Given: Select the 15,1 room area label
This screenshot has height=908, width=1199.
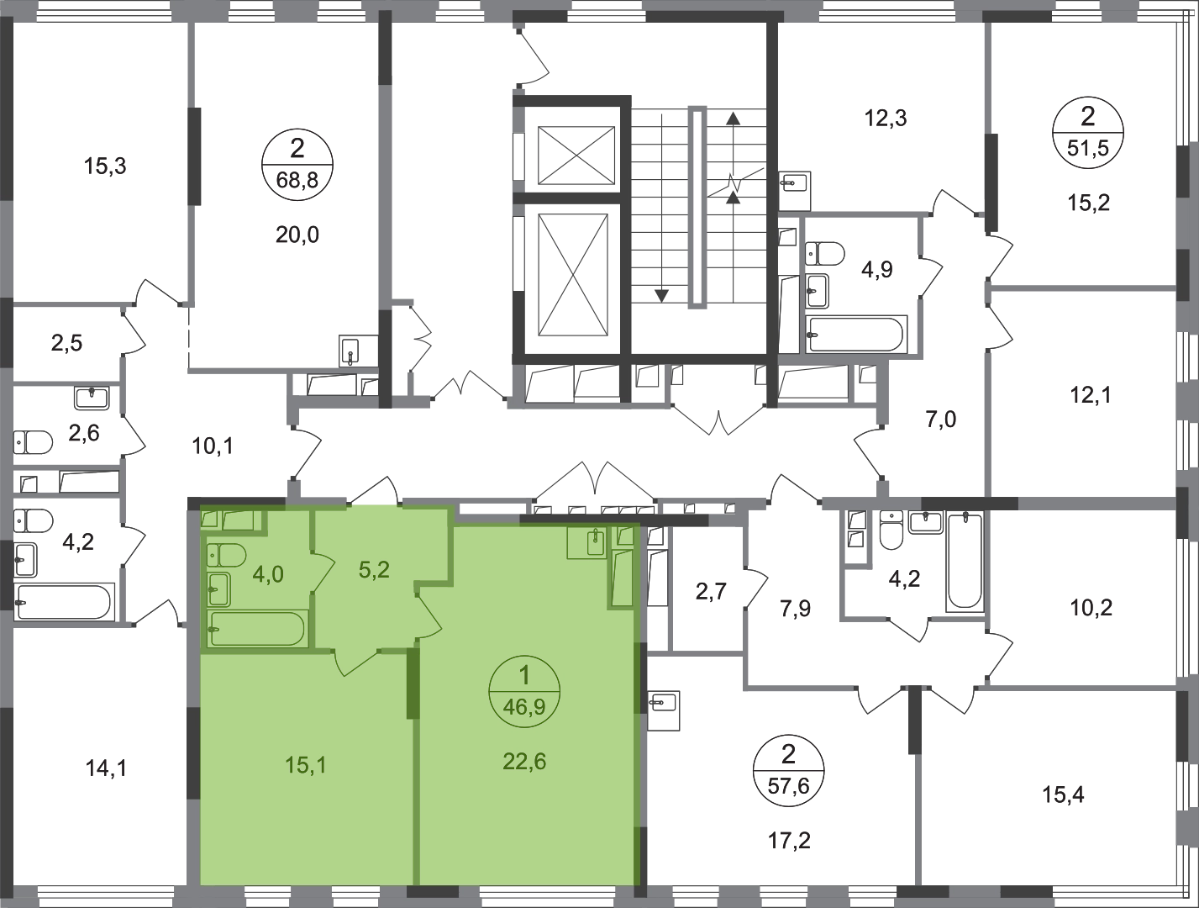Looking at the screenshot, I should click(305, 765).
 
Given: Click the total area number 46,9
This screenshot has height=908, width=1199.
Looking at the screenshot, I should click(524, 706).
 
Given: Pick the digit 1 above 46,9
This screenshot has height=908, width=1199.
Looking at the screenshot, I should click(525, 676).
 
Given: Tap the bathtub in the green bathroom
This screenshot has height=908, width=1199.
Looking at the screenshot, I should click(258, 629).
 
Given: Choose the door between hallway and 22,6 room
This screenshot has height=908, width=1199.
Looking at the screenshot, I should click(429, 618).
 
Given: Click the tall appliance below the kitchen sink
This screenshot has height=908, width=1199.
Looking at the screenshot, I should click(622, 578).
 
